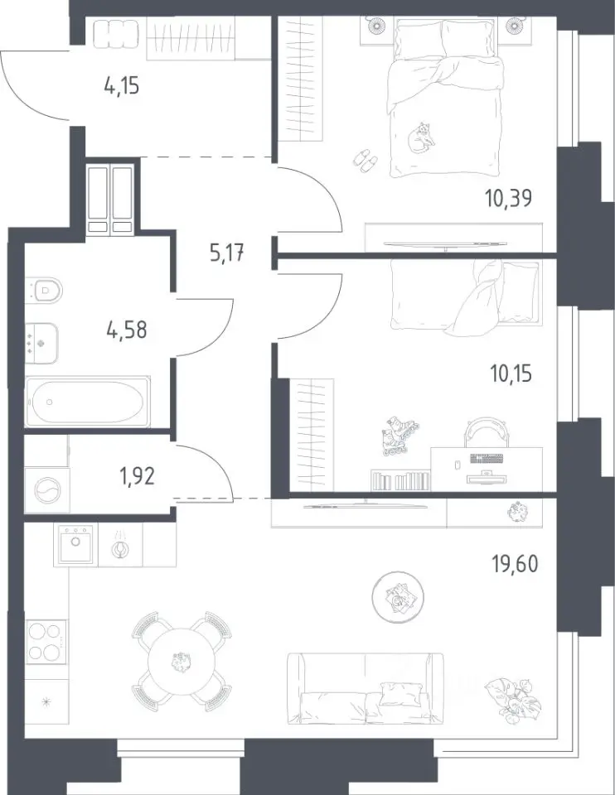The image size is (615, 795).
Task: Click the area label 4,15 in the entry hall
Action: (x=122, y=85)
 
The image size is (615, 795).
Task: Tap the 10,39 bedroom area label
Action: (x=508, y=197)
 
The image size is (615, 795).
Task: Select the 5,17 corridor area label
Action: (x=227, y=252)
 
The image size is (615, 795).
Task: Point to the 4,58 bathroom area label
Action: (x=127, y=330)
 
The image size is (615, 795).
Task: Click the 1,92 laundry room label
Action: (x=138, y=476)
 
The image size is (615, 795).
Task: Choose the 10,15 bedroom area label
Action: (x=511, y=374)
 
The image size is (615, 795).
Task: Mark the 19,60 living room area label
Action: (x=516, y=563)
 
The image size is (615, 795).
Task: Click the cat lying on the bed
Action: (x=421, y=137)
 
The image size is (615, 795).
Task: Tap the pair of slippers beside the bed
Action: (x=365, y=160)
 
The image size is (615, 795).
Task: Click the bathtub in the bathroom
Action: (x=87, y=402)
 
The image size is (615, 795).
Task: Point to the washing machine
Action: (x=46, y=490)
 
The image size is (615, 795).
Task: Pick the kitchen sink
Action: (x=75, y=545)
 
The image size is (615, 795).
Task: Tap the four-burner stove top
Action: (x=46, y=641)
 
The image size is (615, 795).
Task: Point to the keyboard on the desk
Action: (x=487, y=459)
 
